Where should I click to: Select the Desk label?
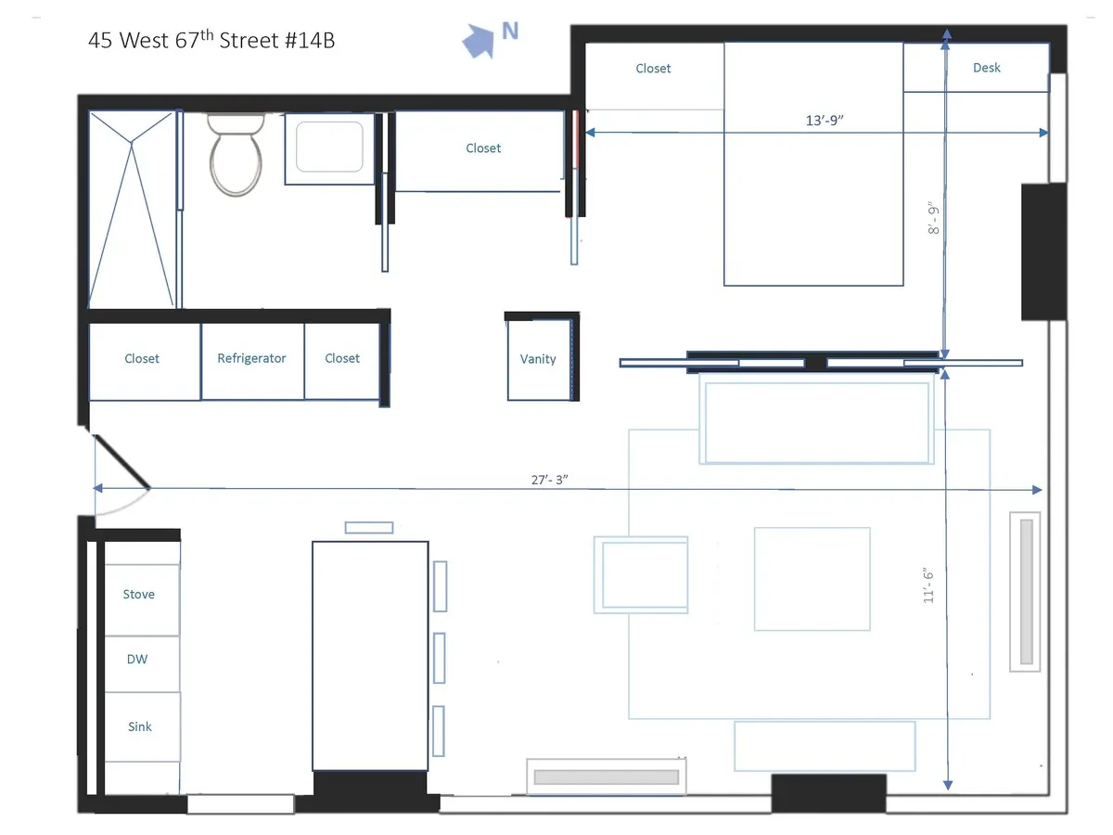pyautogui.click(x=986, y=68)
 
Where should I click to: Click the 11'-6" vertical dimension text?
pyautogui.click(x=928, y=586)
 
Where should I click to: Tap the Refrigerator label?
pyautogui.click(x=251, y=358)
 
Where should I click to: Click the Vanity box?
pyautogui.click(x=538, y=359)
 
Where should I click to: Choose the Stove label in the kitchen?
pyautogui.click(x=139, y=594)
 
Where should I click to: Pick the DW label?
pyautogui.click(x=137, y=660)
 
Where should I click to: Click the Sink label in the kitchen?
pyautogui.click(x=139, y=726)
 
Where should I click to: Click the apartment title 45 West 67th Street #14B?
pyautogui.click(x=211, y=41)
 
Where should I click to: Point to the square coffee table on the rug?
pyautogui.click(x=812, y=579)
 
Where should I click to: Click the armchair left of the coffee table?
pyautogui.click(x=641, y=574)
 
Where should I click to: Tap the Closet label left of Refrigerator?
pyautogui.click(x=142, y=358)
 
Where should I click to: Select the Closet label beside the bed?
pyautogui.click(x=653, y=69)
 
